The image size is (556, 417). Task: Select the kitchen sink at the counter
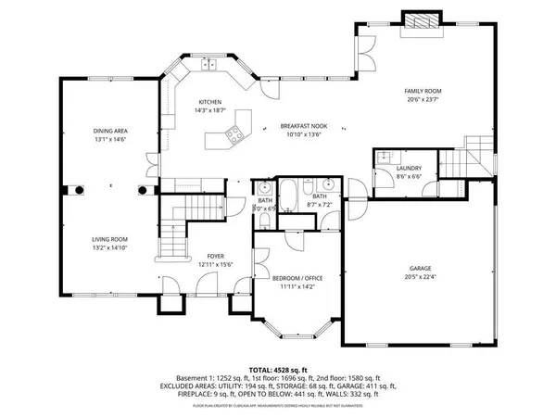coord(210,64)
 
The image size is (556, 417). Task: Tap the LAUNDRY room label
coord(410,168)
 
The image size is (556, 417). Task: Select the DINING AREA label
coord(109,132)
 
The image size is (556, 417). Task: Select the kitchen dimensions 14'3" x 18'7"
coord(210,110)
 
